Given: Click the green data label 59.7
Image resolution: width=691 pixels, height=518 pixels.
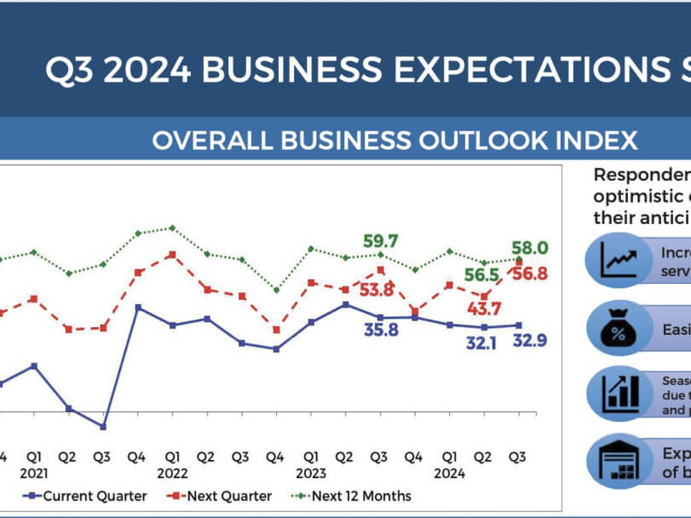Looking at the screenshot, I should [382, 241].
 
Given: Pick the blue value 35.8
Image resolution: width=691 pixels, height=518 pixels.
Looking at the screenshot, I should [381, 331].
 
